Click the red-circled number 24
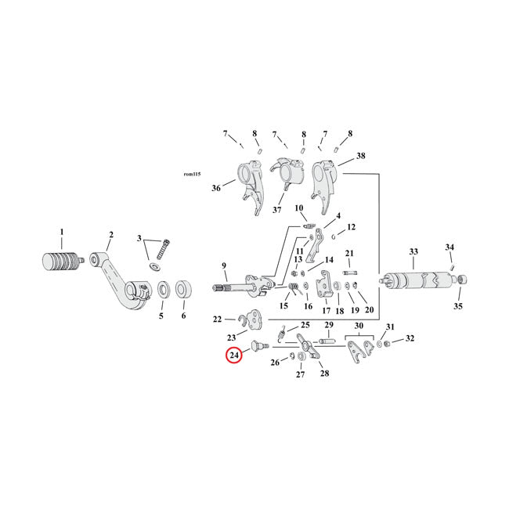(233, 356)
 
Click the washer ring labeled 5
(163, 291)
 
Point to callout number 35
(458, 306)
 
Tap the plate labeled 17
(323, 287)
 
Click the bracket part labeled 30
(361, 350)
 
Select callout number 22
(218, 319)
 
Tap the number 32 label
(410, 339)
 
